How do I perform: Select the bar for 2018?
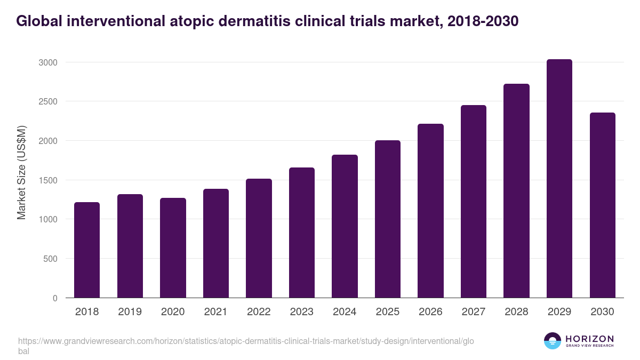point(87,250)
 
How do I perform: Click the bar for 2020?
point(173,248)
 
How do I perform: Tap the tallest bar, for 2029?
point(559,179)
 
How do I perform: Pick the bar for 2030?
point(602,205)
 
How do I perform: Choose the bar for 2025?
point(387,219)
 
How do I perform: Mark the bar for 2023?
point(301,233)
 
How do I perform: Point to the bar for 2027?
point(473,202)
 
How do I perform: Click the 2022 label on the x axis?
point(259,312)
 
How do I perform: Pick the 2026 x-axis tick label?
point(430,312)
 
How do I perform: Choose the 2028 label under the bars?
point(516,312)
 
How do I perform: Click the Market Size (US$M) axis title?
point(21,172)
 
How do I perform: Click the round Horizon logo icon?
point(552,341)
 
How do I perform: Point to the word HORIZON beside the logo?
point(590,339)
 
